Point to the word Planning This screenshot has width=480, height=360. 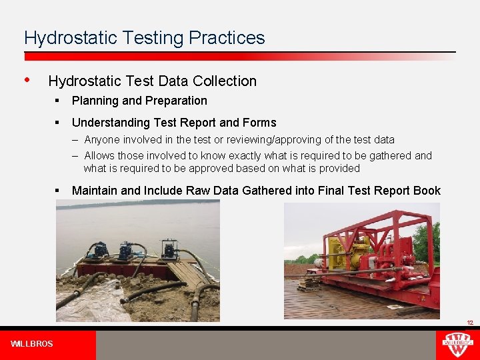click(x=95, y=101)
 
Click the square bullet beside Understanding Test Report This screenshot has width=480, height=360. click(x=59, y=123)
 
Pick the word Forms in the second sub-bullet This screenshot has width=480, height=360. click(x=259, y=123)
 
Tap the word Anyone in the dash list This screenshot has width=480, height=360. click(x=101, y=140)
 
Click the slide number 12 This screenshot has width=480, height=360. click(x=469, y=323)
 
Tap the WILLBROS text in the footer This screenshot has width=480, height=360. click(x=32, y=344)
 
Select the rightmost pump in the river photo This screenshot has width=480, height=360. click(x=169, y=249)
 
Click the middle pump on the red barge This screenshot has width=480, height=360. click(x=127, y=252)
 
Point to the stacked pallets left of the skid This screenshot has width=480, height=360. click(x=308, y=283)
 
